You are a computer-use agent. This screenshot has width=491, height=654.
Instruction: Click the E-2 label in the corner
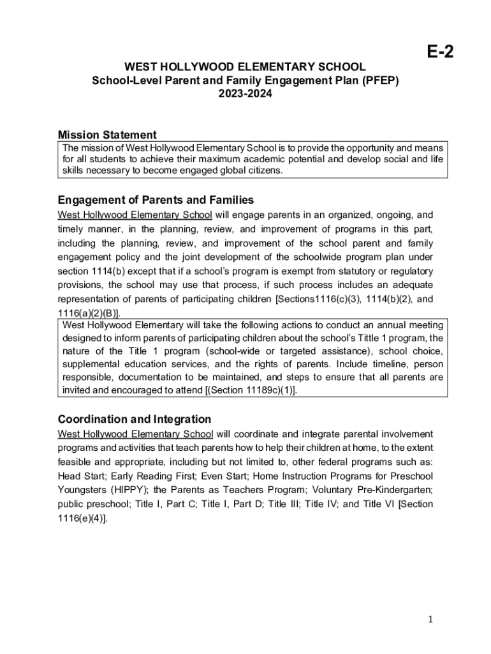(x=439, y=52)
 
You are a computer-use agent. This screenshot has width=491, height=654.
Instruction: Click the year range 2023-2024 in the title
(x=246, y=94)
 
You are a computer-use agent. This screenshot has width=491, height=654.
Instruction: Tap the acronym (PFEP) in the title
(x=380, y=80)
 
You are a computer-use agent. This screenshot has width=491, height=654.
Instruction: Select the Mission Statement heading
(x=107, y=135)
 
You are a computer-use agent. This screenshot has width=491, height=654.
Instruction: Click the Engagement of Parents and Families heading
(x=156, y=200)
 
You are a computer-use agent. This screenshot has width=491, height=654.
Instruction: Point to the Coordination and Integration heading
(x=134, y=420)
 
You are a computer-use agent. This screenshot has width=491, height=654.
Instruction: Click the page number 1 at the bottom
(x=431, y=620)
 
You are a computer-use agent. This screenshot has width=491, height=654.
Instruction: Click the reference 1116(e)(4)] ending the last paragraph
(x=83, y=518)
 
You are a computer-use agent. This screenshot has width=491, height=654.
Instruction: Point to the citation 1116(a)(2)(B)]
(x=89, y=313)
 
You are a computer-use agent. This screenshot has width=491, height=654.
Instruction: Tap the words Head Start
(x=80, y=476)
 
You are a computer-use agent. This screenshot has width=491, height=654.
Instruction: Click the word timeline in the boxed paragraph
(x=374, y=364)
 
